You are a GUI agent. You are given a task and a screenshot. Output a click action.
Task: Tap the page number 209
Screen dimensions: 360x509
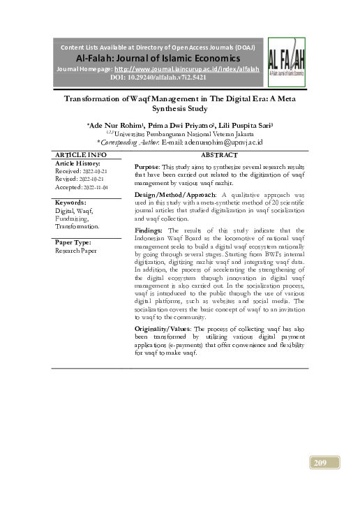322,462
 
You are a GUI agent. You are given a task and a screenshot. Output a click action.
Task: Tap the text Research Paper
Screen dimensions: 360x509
77,250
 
